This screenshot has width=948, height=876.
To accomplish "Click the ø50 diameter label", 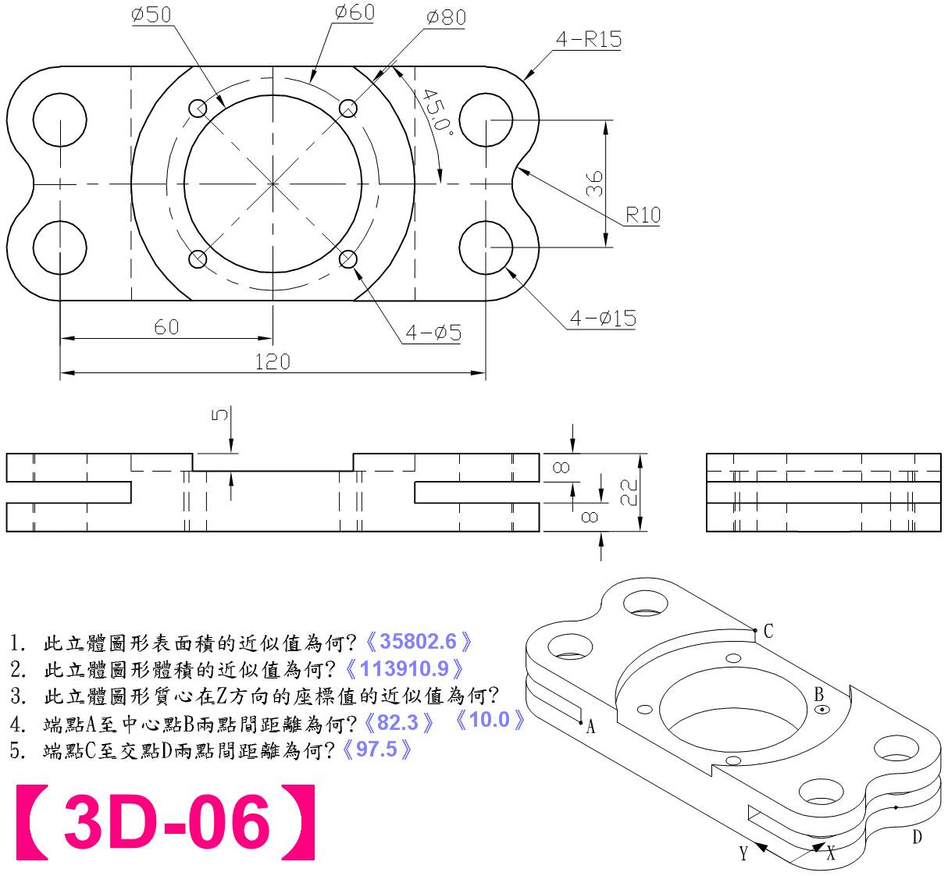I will coord(151,15).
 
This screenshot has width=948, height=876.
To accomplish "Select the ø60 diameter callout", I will coord(355,12).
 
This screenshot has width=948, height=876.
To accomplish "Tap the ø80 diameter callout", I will coord(447,17).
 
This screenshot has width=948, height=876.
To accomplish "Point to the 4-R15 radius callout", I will coord(589,39).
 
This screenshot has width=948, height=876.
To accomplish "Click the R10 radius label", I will coord(643,215).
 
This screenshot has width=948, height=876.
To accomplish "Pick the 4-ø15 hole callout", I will coord(602,318).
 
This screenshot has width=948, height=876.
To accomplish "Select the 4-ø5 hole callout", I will coord(433,333).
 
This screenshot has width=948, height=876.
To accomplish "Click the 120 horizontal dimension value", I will coord(273,361).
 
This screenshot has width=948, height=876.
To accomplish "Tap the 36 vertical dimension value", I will coord(594,183).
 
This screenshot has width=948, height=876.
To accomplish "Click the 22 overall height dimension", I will coord(629,492).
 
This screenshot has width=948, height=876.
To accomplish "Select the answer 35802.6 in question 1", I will coord(418,642).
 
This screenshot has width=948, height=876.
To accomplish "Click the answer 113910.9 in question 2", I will coord(404,668).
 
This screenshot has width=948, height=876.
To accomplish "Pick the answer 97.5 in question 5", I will coord(376,750).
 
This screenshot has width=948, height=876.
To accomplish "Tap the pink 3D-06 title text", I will coord(166,822).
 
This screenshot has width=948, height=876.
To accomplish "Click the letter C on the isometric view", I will coord(768,631).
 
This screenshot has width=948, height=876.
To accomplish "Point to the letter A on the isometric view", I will coord(591,727).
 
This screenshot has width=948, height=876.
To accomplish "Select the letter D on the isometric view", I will coord(917,838).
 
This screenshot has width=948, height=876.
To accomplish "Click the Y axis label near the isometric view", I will coord(743,853).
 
